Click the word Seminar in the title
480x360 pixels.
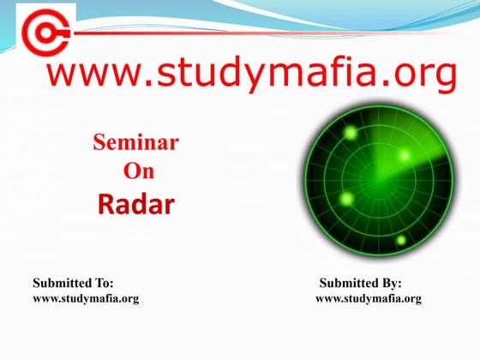(135, 143)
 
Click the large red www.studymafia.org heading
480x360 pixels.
(251, 75)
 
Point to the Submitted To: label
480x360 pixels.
(73, 283)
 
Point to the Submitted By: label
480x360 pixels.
(360, 283)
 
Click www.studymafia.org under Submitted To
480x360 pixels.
(86, 298)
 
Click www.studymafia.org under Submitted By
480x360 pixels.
(369, 298)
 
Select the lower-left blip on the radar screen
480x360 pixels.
(347, 199)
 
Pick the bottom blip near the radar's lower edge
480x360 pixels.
(400, 240)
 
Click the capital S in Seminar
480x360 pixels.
(99, 143)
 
